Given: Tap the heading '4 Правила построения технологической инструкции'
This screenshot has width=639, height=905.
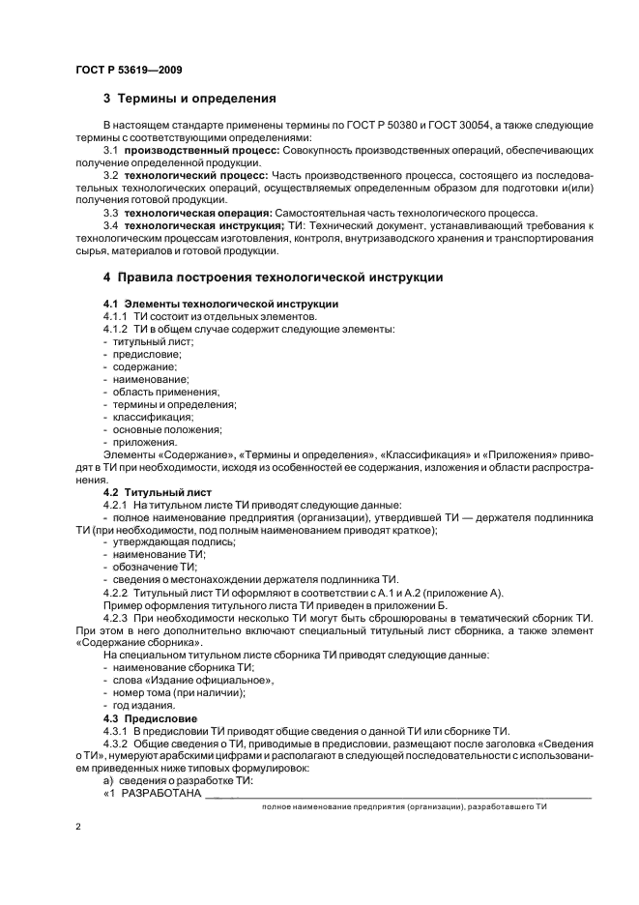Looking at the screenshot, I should [273, 277].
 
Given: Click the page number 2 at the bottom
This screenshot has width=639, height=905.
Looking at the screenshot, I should [77, 828].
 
